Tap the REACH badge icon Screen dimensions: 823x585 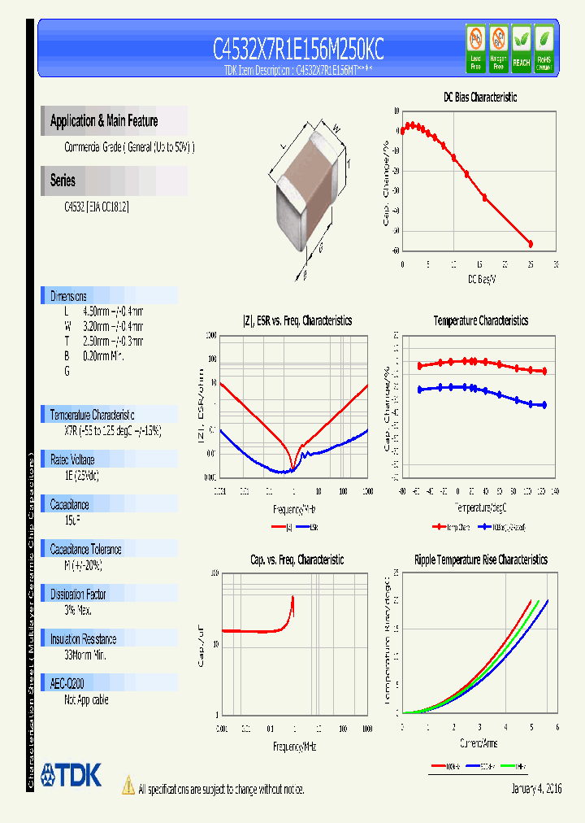click(x=521, y=48)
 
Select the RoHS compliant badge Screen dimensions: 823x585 click(x=544, y=48)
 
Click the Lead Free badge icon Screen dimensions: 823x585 click(x=475, y=48)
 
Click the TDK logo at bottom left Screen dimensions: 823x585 click(x=71, y=775)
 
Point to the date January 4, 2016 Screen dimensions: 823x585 click(x=536, y=789)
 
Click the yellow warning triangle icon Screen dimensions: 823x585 click(x=128, y=785)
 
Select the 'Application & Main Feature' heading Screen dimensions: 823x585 click(x=104, y=121)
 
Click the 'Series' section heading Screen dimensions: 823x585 click(x=63, y=181)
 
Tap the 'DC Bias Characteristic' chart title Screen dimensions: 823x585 click(x=479, y=97)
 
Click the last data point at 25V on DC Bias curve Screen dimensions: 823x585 click(x=531, y=243)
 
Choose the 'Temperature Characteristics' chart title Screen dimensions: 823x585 click(x=480, y=320)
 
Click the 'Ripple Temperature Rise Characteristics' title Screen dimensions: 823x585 click(x=480, y=560)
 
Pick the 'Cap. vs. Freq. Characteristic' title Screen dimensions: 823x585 click(x=297, y=560)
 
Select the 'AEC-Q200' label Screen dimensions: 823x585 click(x=67, y=684)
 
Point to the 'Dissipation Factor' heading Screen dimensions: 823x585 click(x=78, y=594)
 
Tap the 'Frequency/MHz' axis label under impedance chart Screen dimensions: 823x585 click(x=293, y=509)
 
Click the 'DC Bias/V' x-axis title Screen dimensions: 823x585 click(x=481, y=279)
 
